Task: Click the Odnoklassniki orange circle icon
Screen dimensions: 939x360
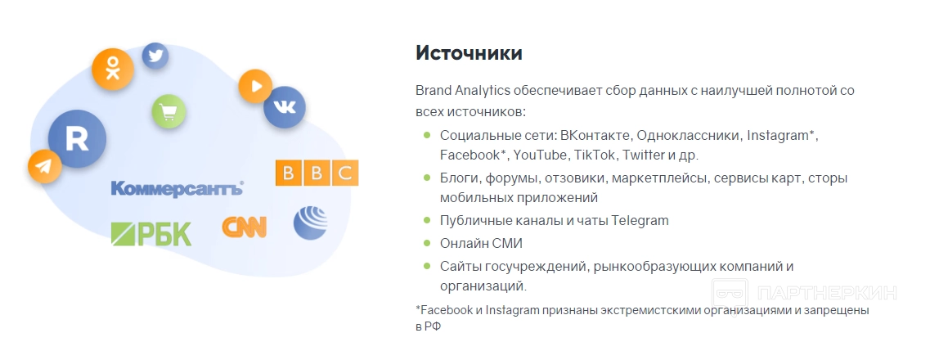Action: click(x=113, y=69)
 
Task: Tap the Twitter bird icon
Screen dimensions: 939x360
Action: click(x=155, y=56)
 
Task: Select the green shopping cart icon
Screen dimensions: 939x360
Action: click(x=168, y=112)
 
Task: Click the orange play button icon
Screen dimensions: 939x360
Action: click(x=256, y=86)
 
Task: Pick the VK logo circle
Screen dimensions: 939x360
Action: click(x=285, y=107)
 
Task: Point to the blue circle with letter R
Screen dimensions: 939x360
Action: click(x=77, y=139)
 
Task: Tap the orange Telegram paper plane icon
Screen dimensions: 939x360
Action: click(x=44, y=166)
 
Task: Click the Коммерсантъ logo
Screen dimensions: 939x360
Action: click(x=177, y=189)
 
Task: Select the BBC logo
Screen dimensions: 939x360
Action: click(x=317, y=173)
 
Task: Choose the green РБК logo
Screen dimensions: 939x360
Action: click(x=151, y=234)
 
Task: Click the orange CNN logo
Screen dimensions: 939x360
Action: click(x=245, y=227)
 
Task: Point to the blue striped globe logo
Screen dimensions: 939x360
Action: click(x=310, y=223)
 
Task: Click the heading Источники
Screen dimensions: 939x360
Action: click(x=469, y=52)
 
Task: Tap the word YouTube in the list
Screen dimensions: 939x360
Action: click(x=540, y=155)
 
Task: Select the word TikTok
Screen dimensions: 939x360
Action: click(x=595, y=155)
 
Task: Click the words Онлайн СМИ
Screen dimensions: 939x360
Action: click(x=482, y=243)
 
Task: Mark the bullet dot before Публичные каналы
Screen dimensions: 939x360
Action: click(x=427, y=220)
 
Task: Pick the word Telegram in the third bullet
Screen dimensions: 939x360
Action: click(x=640, y=220)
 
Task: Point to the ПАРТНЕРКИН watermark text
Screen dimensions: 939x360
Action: click(x=827, y=294)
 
